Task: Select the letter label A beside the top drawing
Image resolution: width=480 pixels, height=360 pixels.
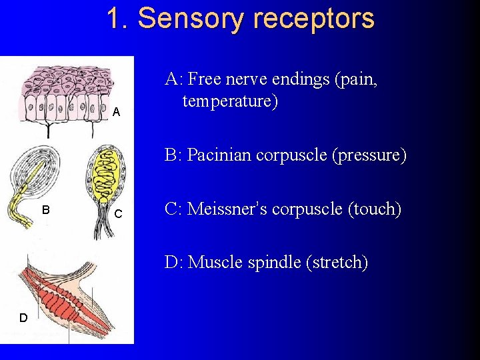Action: [x=116, y=112]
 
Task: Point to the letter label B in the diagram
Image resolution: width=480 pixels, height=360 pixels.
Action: [x=46, y=209]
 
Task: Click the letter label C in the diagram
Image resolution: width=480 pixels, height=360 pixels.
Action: [x=118, y=214]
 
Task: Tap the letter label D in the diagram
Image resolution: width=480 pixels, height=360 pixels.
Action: [x=23, y=318]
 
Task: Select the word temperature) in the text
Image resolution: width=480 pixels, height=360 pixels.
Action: [x=230, y=101]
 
